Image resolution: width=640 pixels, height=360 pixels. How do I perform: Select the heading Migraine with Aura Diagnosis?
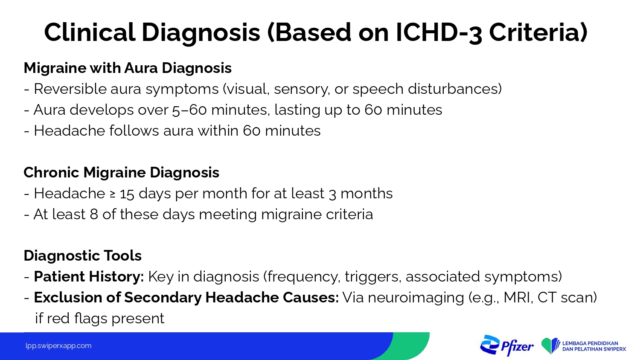[128, 68]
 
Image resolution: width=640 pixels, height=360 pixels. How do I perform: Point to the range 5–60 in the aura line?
[189, 110]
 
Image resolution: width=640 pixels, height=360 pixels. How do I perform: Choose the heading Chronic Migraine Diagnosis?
[122, 172]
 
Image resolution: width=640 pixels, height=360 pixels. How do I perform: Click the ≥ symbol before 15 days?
[113, 194]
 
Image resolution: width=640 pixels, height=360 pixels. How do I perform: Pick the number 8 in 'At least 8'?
[94, 214]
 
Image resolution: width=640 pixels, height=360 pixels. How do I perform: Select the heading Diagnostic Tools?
[83, 255]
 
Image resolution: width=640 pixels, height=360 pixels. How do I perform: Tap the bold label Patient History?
[89, 276]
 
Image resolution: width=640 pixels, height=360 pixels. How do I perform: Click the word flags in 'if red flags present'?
[90, 318]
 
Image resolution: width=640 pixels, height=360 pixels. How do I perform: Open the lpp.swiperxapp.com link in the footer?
[58, 346]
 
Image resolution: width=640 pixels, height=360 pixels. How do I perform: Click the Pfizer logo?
[506, 345]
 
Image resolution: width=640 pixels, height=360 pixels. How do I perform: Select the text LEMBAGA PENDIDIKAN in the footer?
[590, 343]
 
